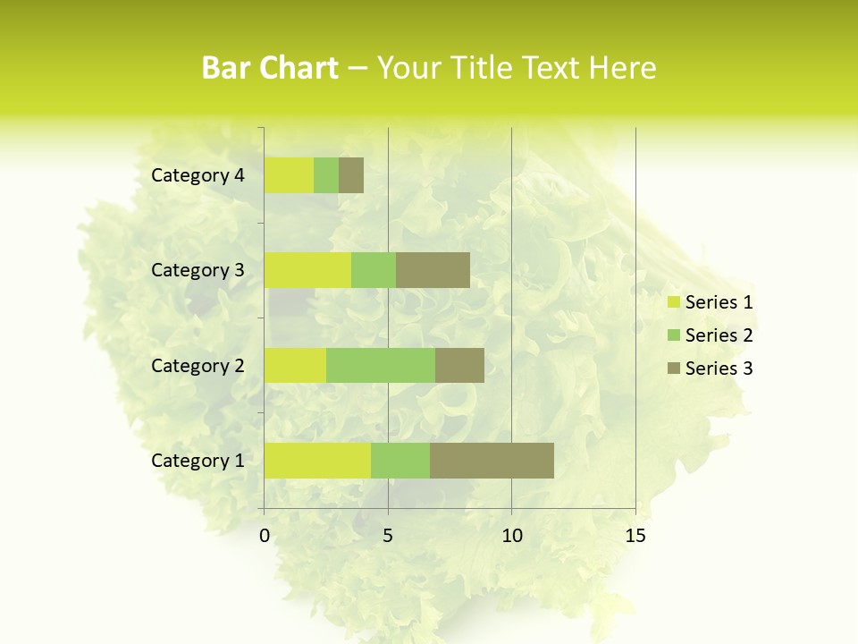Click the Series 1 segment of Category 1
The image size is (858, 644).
click(x=317, y=460)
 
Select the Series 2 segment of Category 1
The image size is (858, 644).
click(x=400, y=460)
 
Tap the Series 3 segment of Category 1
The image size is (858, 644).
click(x=492, y=460)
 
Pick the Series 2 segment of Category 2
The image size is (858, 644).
click(x=381, y=365)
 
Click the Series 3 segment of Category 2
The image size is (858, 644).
click(x=459, y=365)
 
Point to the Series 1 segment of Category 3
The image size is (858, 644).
click(x=307, y=270)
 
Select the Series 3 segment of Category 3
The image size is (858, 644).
click(x=433, y=270)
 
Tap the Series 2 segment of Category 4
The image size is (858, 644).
click(x=326, y=175)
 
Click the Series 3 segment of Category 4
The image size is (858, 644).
click(x=351, y=175)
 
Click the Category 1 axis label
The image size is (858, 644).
click(x=198, y=461)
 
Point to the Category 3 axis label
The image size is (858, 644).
click(x=198, y=270)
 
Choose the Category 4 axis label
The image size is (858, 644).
click(x=198, y=175)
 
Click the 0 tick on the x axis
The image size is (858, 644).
click(x=265, y=536)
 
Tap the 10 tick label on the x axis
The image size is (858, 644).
click(x=511, y=536)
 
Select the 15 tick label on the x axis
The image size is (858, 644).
click(x=635, y=536)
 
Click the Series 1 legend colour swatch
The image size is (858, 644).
click(x=673, y=302)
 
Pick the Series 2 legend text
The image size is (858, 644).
click(x=719, y=335)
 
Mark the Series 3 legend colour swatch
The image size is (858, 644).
click(x=673, y=369)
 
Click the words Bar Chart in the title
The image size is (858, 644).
click(x=270, y=68)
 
